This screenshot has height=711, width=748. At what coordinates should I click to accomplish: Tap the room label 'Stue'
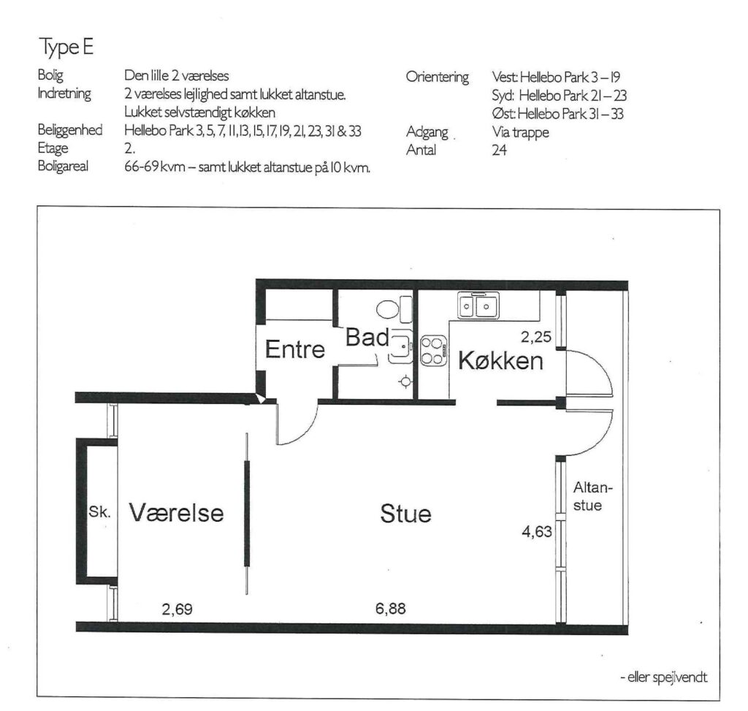(x=405, y=514)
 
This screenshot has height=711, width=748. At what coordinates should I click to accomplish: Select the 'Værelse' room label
(x=176, y=512)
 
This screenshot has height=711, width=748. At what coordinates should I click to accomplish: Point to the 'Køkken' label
(x=500, y=360)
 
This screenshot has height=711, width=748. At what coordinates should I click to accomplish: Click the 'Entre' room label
(x=295, y=349)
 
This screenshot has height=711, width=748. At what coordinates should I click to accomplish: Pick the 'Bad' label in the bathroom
(x=367, y=338)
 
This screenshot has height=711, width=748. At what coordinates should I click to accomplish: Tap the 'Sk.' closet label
(x=99, y=512)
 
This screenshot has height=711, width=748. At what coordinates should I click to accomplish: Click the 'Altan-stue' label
(x=592, y=496)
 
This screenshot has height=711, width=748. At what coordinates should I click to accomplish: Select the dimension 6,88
(x=390, y=609)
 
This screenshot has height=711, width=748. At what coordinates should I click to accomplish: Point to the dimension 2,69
(x=177, y=609)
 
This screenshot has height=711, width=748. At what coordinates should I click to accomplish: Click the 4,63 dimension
(x=537, y=531)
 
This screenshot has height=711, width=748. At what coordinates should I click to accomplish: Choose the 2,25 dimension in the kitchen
(x=535, y=337)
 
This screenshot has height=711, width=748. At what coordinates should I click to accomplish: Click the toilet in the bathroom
(x=394, y=309)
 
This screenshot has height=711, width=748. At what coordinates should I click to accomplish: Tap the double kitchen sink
(x=478, y=305)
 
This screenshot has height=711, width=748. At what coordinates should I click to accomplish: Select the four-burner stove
(x=433, y=350)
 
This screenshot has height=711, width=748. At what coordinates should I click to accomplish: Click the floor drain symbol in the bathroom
(x=405, y=381)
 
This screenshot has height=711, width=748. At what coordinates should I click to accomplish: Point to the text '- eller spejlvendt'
(x=663, y=677)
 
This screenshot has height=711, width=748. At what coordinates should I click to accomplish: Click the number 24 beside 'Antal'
(x=499, y=151)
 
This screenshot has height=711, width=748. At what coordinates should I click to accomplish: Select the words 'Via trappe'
(x=520, y=132)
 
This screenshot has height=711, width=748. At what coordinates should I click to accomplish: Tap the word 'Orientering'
(x=438, y=77)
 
